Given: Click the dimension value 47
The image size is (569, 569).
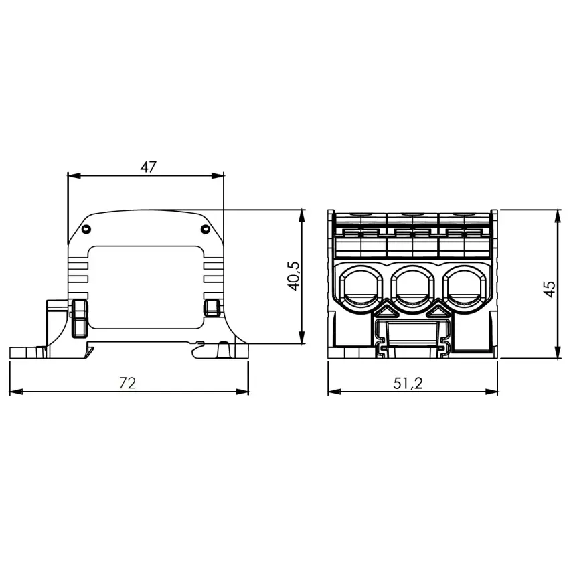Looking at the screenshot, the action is [x=148, y=167].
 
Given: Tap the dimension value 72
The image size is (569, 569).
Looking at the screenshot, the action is [x=127, y=383].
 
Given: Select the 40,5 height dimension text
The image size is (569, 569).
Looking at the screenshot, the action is [x=294, y=276].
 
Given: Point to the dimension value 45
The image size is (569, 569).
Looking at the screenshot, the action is [x=550, y=289].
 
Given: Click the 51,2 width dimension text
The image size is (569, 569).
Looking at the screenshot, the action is [x=408, y=383].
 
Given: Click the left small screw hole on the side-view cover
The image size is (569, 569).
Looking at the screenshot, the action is [x=86, y=229].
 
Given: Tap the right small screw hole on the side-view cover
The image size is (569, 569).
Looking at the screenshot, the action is [x=206, y=229].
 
